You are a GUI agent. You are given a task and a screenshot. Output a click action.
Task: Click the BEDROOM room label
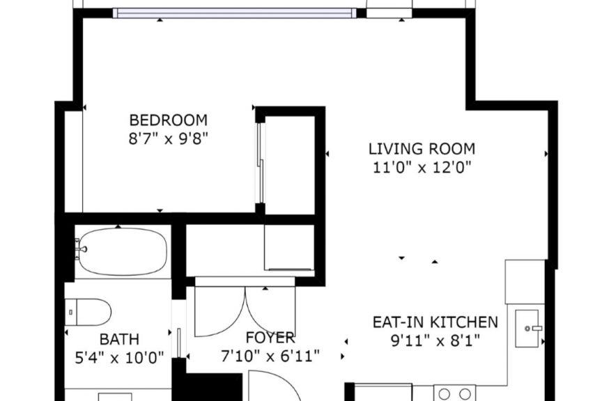168,120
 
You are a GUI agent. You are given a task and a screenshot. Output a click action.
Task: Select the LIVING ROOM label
422,149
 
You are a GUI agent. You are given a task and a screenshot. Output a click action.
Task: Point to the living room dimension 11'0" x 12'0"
422,167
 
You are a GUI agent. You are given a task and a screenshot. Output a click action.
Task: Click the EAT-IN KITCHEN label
435,322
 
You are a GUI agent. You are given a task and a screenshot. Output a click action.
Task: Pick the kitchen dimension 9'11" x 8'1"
435,340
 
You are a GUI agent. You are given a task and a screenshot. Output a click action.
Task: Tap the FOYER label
270,338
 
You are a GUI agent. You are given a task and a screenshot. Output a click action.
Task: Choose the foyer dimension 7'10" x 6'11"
270,356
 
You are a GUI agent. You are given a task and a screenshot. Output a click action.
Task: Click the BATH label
119,339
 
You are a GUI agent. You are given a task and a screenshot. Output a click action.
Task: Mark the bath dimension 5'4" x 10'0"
119,358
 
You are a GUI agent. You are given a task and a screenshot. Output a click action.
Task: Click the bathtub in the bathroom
122,252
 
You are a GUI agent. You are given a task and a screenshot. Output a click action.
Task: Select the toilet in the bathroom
88,312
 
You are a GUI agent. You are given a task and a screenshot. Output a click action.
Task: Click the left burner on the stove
445,394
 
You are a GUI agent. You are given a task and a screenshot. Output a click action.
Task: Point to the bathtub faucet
80,249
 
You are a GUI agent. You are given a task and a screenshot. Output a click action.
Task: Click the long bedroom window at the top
235,13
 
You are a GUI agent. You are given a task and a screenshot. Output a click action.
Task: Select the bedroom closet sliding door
261,163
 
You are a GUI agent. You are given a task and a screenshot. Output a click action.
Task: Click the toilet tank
70,312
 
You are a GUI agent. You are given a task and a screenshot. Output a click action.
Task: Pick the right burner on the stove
465,394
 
